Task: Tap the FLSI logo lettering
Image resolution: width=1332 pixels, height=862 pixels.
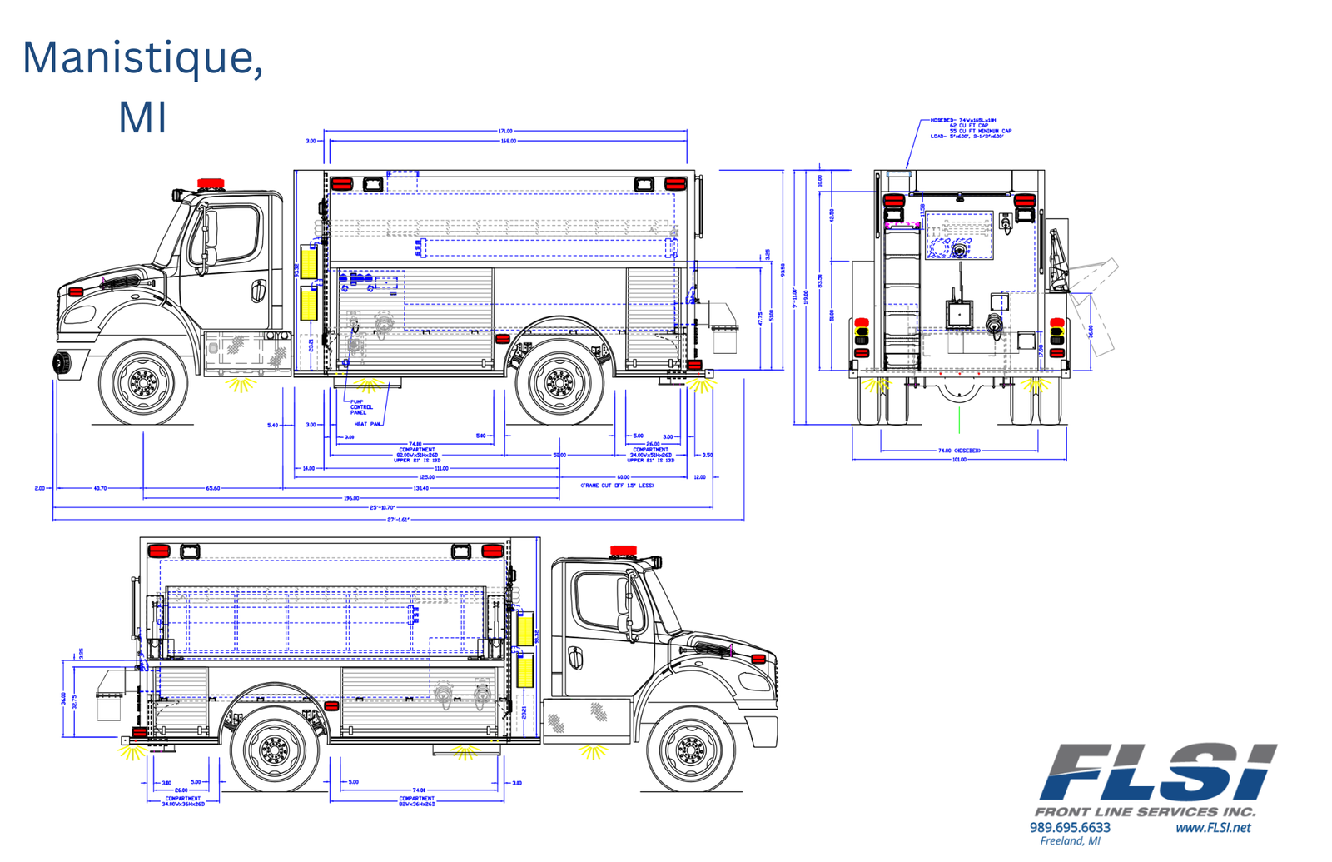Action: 1157,773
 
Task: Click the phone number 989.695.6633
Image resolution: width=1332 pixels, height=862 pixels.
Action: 1070,827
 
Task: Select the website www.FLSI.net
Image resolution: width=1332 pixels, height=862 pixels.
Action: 1213,827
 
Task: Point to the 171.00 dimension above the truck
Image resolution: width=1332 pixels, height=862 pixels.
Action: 505,131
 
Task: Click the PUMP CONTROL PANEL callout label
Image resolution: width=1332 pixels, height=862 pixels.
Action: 360,407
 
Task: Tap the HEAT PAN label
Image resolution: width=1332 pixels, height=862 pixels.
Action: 367,425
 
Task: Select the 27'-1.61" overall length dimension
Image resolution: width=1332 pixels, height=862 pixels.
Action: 398,520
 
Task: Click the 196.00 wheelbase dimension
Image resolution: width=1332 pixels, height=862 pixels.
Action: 351,498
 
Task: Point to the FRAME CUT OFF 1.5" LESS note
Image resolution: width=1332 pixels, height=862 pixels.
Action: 617,485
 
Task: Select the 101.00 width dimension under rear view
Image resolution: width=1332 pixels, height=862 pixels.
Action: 959,459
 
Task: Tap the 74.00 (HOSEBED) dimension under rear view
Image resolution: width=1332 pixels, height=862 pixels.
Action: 959,451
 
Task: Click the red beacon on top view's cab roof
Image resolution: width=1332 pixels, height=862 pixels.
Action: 211,182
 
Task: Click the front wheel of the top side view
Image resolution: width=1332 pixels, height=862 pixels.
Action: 143,383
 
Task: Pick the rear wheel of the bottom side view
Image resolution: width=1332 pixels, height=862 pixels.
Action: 273,750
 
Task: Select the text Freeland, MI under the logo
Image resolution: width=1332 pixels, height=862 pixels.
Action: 1070,841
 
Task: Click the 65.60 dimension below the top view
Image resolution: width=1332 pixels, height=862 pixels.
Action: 213,488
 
